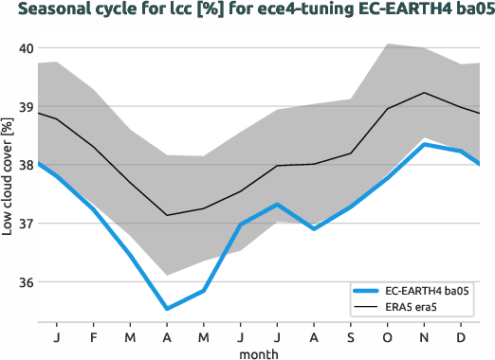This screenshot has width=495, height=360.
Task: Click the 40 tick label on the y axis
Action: (24, 48)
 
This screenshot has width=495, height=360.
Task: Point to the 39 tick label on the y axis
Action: (24, 107)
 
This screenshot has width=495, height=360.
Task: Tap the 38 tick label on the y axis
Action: (24, 166)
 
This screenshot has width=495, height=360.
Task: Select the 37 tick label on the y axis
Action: (24, 225)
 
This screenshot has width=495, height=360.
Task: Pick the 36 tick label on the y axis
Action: (24, 283)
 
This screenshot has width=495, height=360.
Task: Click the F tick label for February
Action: (94, 336)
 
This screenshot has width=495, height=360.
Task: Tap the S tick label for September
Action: (351, 336)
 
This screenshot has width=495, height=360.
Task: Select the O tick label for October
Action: (388, 336)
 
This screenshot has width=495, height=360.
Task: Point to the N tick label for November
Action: (424, 336)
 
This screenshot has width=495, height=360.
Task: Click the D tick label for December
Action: (461, 336)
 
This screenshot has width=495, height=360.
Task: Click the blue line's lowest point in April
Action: (167, 309)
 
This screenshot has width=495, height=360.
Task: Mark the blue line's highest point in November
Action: (424, 144)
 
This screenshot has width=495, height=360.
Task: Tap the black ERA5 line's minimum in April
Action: (167, 215)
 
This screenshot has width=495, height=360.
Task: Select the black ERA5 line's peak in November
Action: (424, 93)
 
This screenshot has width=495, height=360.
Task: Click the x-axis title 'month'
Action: (258, 352)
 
